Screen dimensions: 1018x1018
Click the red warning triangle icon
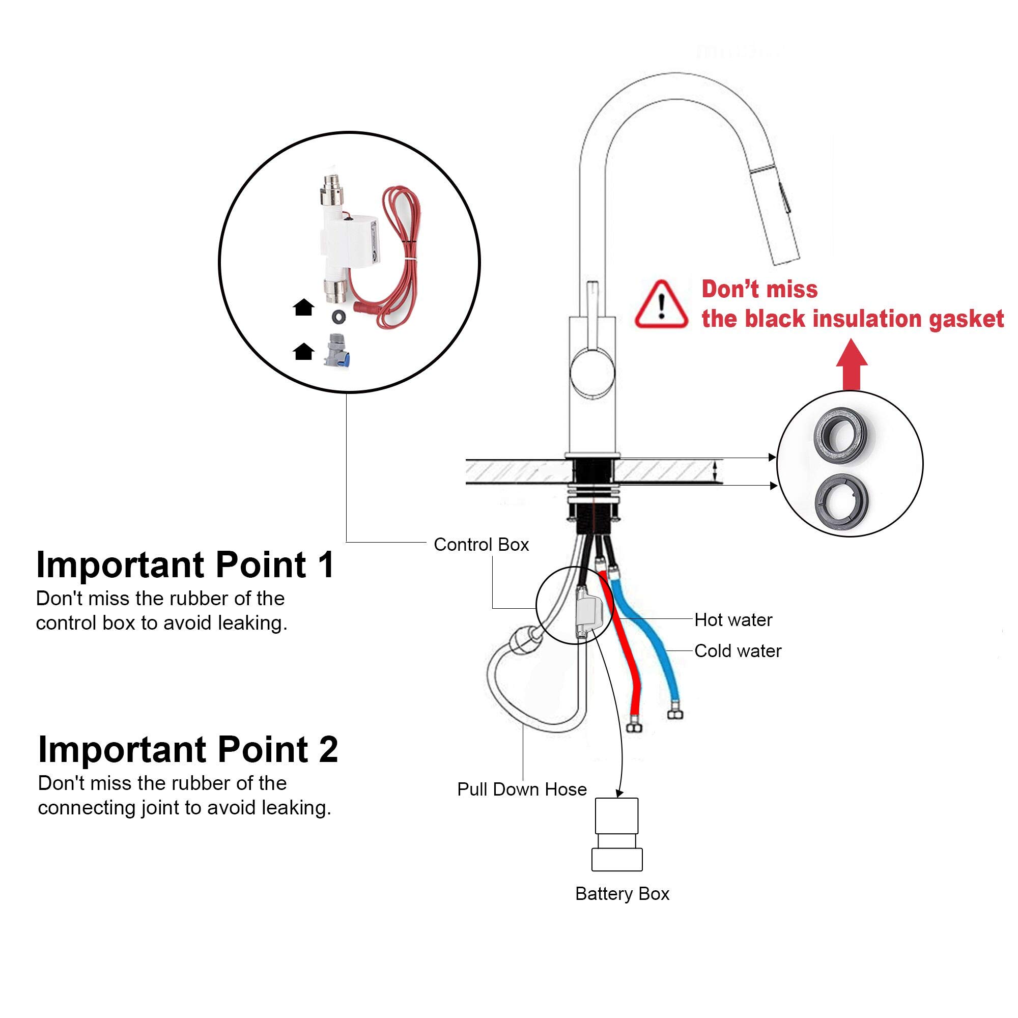click(x=661, y=305)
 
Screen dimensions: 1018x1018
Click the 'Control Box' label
click(x=480, y=544)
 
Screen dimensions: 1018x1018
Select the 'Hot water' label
click(x=733, y=619)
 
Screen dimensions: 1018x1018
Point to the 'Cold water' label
click(x=738, y=651)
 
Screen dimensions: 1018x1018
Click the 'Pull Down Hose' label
click(x=522, y=789)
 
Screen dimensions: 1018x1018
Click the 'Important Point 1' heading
click(x=185, y=565)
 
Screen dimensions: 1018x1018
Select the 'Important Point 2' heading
click(x=188, y=749)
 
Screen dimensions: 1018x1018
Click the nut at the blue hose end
click(x=675, y=714)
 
